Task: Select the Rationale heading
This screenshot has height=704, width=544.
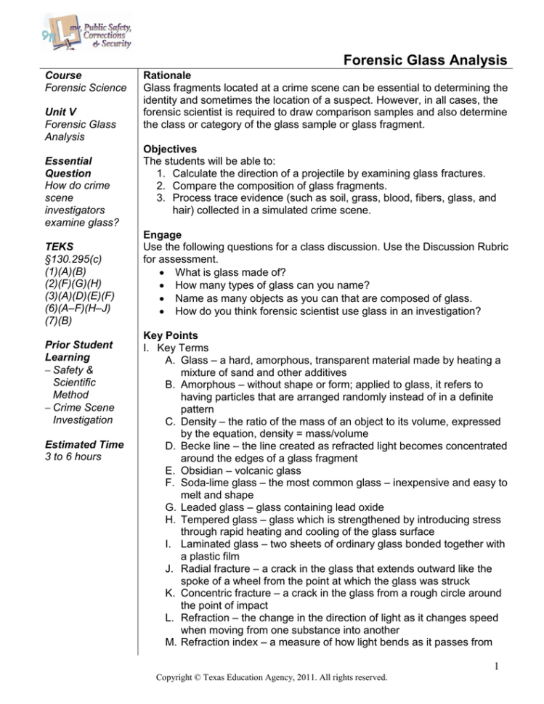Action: coord(167,75)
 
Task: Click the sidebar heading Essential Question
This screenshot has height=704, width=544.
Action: coord(68,168)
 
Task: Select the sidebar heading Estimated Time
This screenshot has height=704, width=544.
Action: coord(84,444)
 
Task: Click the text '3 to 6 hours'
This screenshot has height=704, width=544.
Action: coord(73,457)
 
